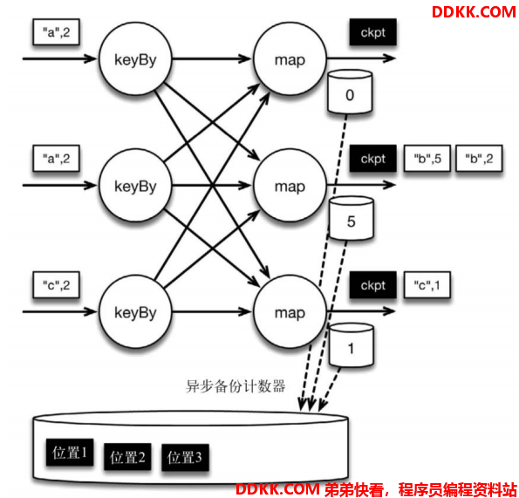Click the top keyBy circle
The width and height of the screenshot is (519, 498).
[x=135, y=59]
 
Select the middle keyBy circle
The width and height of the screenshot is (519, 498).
[x=135, y=185]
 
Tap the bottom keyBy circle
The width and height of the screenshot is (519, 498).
[x=135, y=311]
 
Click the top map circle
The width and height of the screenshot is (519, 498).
[x=290, y=59]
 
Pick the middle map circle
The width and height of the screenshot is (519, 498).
[x=290, y=185]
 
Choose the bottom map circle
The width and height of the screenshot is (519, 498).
[x=290, y=311]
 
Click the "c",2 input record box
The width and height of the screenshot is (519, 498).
[x=57, y=285]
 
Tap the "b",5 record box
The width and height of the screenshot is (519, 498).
[x=427, y=159]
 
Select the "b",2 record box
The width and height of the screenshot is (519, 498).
[x=479, y=159]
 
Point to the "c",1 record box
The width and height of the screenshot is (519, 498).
[x=427, y=285]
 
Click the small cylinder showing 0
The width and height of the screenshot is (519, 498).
[x=350, y=92]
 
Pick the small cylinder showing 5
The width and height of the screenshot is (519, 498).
[x=352, y=218]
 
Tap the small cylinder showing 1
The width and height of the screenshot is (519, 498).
[x=352, y=345]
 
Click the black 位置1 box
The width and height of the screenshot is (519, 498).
[x=70, y=453]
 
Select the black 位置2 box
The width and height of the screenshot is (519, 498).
[x=127, y=457]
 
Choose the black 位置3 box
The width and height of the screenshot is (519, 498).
[x=185, y=458]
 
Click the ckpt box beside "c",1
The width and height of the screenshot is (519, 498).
[x=373, y=285]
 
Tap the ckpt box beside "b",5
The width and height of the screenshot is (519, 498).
[x=373, y=159]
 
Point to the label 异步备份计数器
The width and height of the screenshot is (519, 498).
[x=236, y=386]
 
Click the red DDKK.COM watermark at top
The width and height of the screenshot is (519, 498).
[x=474, y=12]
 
